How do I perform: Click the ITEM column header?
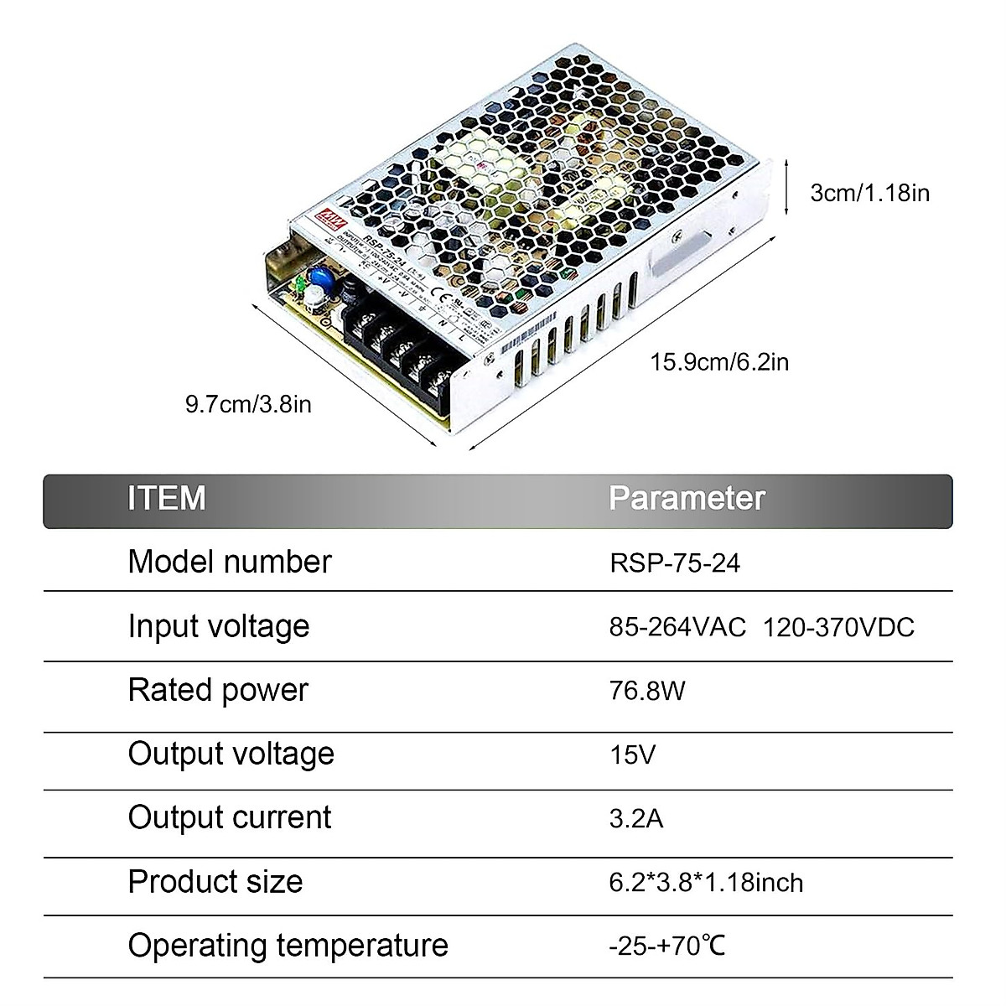(x=167, y=498)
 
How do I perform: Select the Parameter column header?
(x=687, y=498)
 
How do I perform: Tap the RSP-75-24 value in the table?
(x=675, y=562)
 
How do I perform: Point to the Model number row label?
(x=230, y=562)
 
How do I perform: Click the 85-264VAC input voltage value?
(x=677, y=627)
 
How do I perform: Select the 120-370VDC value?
(x=838, y=627)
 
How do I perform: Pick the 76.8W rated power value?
(x=647, y=691)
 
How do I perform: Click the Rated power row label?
(x=218, y=691)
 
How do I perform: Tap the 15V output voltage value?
(x=632, y=754)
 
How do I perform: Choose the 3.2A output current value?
(x=636, y=818)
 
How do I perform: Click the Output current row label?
(x=230, y=818)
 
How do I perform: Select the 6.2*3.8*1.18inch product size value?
(x=706, y=883)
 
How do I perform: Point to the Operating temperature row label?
(x=288, y=946)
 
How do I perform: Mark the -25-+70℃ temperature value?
(x=667, y=946)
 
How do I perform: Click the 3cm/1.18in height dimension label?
(x=869, y=193)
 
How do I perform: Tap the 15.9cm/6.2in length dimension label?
(x=719, y=362)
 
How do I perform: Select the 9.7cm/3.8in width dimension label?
(x=248, y=405)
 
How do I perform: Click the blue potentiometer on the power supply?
(x=319, y=277)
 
